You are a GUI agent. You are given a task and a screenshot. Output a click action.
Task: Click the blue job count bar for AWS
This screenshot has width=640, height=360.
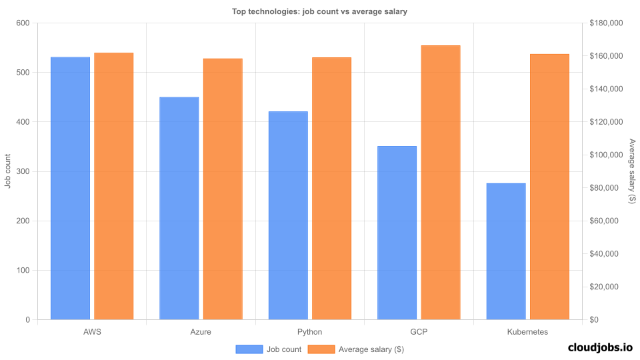coord(70,188)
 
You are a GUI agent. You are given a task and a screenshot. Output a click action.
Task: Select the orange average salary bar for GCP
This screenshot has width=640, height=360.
coord(441,182)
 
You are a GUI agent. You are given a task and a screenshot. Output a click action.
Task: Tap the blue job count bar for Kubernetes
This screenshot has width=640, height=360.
coord(506,251)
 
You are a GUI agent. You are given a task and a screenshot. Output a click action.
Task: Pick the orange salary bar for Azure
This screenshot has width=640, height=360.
coord(223,189)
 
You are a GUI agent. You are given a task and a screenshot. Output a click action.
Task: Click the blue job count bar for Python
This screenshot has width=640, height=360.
coord(288,215)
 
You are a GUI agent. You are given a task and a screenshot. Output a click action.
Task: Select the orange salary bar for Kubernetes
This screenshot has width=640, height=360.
coord(549,187)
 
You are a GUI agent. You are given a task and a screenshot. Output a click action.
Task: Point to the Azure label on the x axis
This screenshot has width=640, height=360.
coord(201,331)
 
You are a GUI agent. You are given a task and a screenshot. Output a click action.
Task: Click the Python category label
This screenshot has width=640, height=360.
coord(310,331)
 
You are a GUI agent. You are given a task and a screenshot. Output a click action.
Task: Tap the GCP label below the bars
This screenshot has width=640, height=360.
coord(419,331)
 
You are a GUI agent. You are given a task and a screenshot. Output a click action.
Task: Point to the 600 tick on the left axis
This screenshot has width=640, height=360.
coord(23,23)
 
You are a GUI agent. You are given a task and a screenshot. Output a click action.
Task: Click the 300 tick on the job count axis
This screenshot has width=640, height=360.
coord(23,171)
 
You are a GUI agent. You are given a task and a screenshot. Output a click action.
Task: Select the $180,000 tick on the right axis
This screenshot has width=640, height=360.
coord(606,23)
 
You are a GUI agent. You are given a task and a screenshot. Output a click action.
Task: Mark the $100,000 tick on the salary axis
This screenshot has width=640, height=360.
coord(606,155)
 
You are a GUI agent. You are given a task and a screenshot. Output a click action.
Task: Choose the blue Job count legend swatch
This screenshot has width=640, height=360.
coord(249,349)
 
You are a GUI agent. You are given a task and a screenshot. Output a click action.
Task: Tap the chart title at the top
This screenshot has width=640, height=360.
coord(319,11)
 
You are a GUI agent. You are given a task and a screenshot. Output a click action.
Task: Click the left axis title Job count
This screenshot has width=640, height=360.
coord(8,171)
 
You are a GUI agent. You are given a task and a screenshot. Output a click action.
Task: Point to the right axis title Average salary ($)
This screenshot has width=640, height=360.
coord(632,171)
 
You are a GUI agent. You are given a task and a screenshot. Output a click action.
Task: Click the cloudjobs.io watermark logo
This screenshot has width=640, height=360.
coord(600,347)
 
